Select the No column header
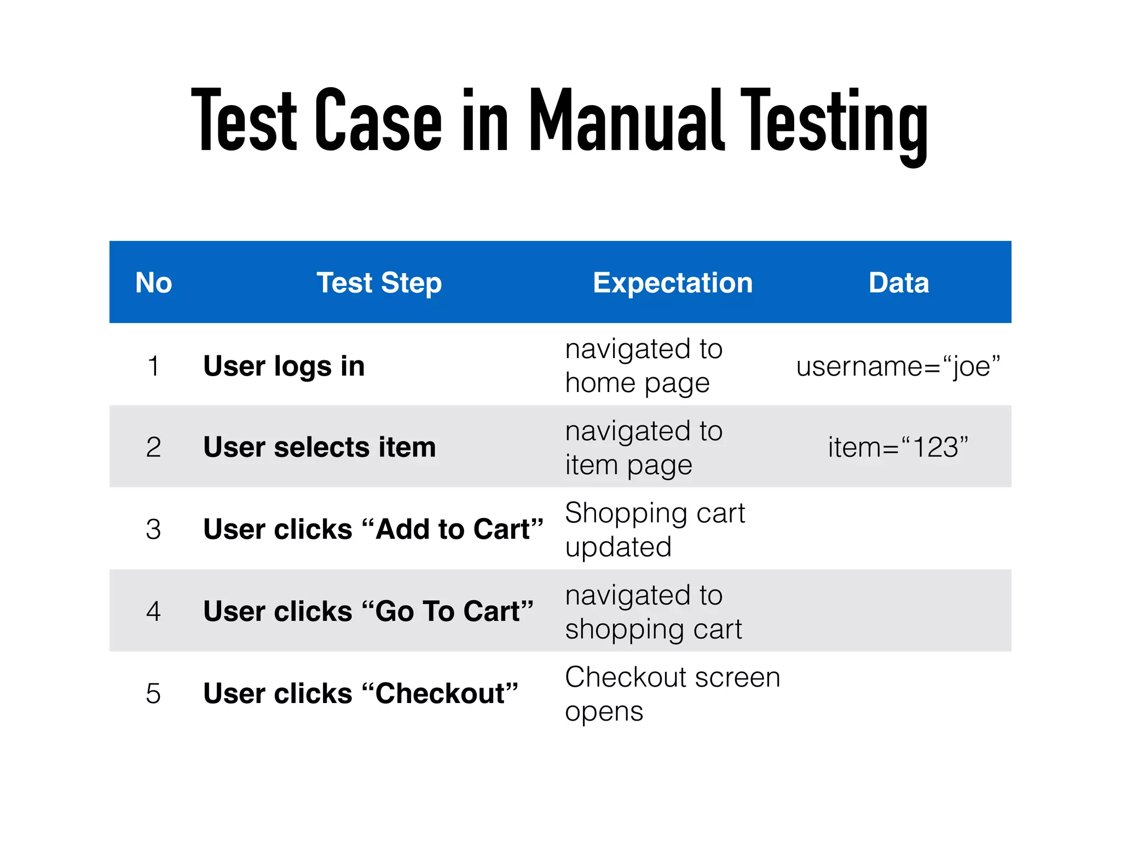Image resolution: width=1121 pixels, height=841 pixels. click(154, 283)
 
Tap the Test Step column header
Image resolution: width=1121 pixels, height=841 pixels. click(379, 283)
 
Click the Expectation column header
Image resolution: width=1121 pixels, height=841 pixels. click(673, 283)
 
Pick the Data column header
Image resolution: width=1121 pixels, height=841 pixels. click(899, 283)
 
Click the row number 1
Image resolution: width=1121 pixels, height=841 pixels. click(154, 366)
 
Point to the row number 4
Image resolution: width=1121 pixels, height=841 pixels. click(154, 611)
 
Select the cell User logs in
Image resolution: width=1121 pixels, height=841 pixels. click(284, 366)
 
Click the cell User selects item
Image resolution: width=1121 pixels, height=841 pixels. click(320, 447)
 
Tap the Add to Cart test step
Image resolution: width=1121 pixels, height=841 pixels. click(373, 529)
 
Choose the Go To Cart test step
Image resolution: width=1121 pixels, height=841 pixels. click(368, 611)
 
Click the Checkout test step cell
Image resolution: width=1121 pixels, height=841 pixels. click(360, 693)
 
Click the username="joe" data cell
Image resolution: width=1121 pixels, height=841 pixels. click(898, 366)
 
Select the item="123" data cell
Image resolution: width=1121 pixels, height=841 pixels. click(898, 447)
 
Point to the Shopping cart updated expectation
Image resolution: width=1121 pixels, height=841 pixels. click(655, 529)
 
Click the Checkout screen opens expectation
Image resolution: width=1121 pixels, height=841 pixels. click(672, 694)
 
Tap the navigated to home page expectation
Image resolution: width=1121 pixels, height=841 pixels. click(644, 366)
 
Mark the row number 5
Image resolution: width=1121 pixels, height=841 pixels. click(154, 693)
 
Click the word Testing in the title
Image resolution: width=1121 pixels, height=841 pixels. click(834, 123)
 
